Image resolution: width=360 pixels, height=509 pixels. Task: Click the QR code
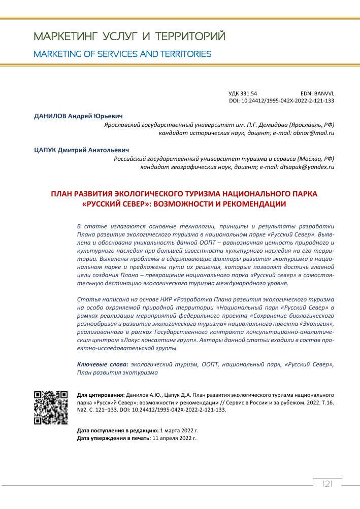51,408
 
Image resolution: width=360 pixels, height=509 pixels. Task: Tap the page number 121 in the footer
327,484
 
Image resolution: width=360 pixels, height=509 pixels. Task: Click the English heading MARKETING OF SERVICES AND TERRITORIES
122,54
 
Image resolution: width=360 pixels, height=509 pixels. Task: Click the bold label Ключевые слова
102,364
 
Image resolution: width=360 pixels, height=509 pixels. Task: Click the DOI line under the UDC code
282,101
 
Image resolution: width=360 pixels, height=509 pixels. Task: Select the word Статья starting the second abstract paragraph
87,300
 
